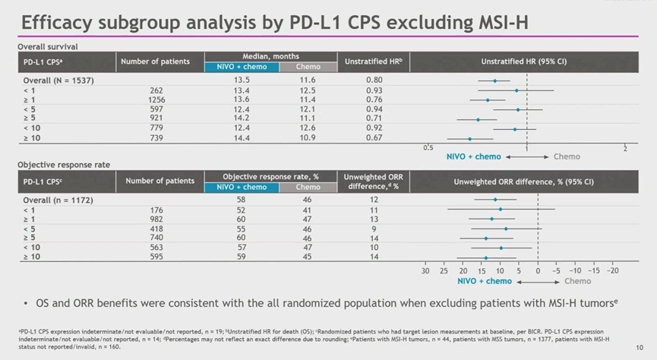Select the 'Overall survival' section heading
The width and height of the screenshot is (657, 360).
click(48, 46)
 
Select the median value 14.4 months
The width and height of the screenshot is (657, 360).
click(242, 138)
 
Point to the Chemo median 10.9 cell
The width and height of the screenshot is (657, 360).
click(308, 138)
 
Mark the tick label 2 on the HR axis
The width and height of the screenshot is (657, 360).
click(624, 148)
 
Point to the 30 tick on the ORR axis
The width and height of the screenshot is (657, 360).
click(425, 270)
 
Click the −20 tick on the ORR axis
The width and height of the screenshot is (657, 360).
click(612, 270)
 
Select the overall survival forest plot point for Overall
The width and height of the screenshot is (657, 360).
click(495, 81)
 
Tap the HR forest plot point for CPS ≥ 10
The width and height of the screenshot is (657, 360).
click(469, 139)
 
